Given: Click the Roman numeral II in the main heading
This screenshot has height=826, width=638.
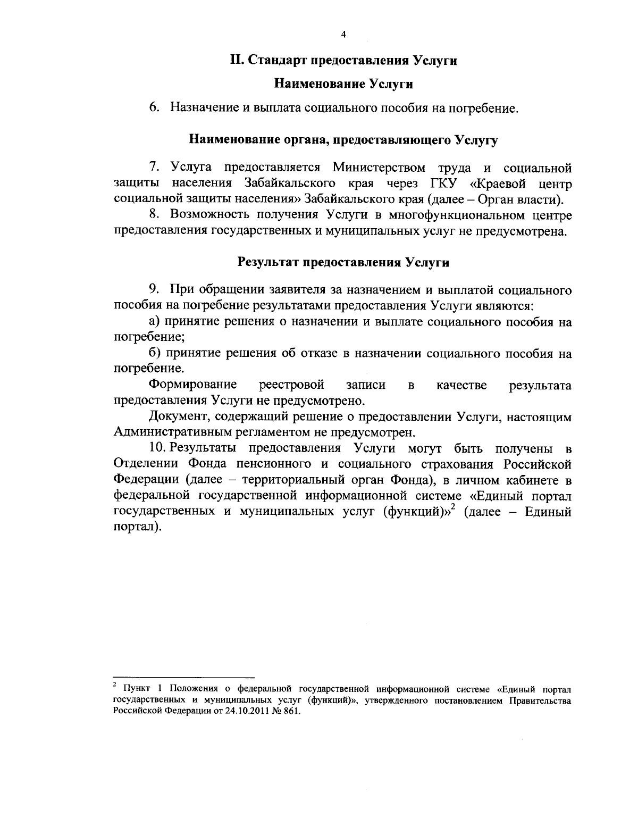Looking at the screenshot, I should click(236, 60).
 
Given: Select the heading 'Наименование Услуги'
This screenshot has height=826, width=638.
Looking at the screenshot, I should click(343, 84).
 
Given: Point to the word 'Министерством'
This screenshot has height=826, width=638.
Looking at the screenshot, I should click(379, 168).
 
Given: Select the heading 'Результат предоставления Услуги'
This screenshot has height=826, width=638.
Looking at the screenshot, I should click(343, 262).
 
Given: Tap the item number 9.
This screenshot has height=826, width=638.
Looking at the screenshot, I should click(154, 290).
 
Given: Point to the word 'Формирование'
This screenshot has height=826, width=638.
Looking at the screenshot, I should click(193, 385).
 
